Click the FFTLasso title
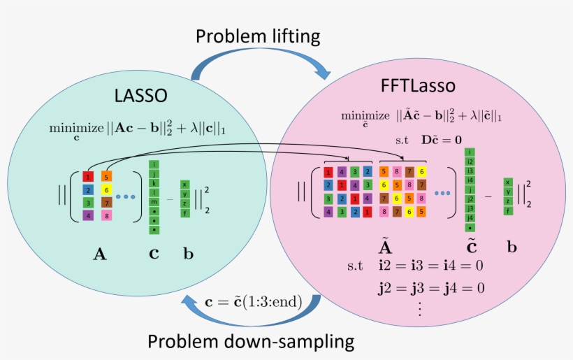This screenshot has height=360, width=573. click(x=419, y=86)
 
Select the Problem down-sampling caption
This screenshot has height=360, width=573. click(x=251, y=342)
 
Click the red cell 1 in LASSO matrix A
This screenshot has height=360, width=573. click(x=88, y=176)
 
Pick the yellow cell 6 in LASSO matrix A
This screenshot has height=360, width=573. click(x=106, y=189)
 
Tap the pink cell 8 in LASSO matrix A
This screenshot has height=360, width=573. click(x=106, y=215)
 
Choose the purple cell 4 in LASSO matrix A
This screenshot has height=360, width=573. click(x=88, y=215)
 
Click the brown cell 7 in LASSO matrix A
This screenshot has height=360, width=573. click(x=106, y=203)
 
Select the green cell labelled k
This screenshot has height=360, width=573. click(x=154, y=182)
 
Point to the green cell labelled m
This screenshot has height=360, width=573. click(x=154, y=202)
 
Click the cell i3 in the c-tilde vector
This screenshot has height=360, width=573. click(x=470, y=171)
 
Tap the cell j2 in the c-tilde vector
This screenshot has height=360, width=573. click(x=470, y=199)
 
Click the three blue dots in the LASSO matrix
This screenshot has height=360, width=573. click(x=126, y=196)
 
